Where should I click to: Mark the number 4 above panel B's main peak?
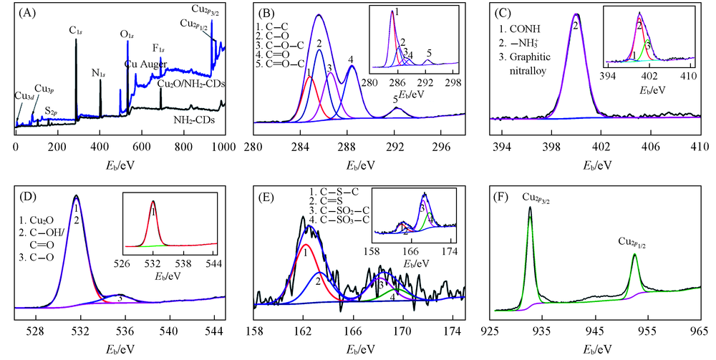tap(351, 59)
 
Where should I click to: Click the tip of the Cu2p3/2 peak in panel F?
tap(530, 208)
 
